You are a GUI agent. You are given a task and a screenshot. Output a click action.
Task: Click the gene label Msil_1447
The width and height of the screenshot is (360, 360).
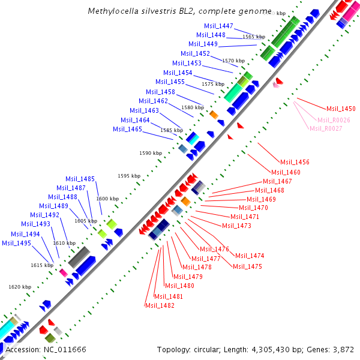coord(219,26)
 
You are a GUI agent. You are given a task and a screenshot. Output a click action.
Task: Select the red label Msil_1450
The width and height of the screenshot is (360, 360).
coord(341,109)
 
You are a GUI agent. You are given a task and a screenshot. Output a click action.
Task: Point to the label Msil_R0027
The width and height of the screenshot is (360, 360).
coord(326,128)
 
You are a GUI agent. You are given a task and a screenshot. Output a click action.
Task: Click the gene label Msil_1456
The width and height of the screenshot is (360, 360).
coord(295,162)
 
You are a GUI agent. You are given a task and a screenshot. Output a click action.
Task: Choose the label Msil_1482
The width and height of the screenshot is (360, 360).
coord(160,305)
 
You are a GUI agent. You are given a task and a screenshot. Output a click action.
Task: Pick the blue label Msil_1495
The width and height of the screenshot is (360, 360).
coord(17,243)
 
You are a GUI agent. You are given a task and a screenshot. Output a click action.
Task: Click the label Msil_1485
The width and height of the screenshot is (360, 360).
coord(80,179)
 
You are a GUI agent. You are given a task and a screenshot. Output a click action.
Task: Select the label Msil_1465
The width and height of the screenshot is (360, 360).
coord(128,129)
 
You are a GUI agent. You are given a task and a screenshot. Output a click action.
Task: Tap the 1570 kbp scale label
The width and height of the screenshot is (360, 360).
coord(233,61)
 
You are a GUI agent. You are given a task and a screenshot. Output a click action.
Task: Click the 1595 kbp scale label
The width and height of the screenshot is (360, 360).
coord(129,176)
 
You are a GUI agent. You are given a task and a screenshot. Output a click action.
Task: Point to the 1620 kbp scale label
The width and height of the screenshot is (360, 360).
coord(19,287)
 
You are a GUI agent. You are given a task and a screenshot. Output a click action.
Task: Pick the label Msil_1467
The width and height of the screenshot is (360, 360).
coord(277,181)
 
